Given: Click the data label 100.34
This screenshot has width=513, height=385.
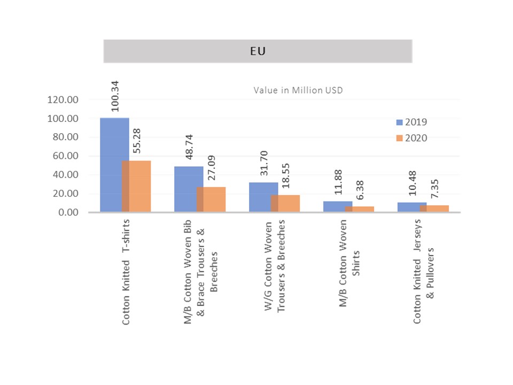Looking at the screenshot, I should [115, 96].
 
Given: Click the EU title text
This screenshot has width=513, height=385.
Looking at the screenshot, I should [258, 52].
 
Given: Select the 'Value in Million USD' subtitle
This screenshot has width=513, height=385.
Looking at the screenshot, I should [298, 90].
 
